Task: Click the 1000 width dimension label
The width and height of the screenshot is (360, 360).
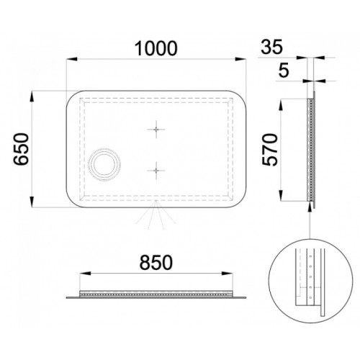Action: point(156,48)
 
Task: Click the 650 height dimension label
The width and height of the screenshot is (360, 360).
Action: point(21,149)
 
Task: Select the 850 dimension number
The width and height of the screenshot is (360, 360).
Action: point(156,262)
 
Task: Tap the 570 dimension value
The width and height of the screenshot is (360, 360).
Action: point(270,150)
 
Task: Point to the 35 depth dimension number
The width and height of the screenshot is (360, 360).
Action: point(272,47)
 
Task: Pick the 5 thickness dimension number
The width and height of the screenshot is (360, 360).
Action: point(284,71)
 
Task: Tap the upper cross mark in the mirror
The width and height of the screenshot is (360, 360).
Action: point(156,130)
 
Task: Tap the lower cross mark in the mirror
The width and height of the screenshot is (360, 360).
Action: point(156,171)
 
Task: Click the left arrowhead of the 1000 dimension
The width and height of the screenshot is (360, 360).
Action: point(71,59)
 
